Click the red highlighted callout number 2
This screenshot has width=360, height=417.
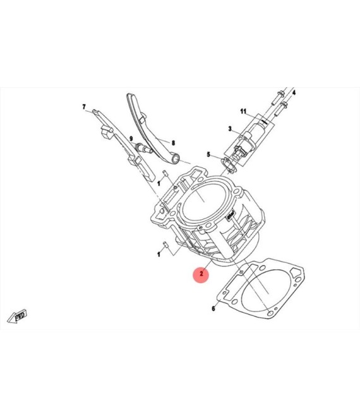point(201,274)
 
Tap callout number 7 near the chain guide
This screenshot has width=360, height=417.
point(84,107)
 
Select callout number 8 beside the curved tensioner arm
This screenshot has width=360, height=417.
point(173,143)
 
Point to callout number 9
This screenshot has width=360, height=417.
point(131,139)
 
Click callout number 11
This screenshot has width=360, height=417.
point(243,111)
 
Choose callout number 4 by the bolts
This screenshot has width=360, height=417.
point(294,92)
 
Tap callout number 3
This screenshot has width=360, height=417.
point(230,129)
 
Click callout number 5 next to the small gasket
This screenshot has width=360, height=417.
point(208,154)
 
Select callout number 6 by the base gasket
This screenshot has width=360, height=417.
point(213,308)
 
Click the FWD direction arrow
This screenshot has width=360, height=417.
point(17,317)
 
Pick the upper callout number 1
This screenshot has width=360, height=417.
point(159,183)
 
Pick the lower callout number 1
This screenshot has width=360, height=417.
point(159,254)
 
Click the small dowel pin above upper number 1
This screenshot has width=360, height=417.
point(165,173)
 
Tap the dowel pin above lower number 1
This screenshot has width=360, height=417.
point(165,244)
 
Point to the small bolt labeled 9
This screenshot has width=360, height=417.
point(144,148)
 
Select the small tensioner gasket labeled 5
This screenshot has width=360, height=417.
point(229,166)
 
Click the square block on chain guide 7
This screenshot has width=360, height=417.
point(107,133)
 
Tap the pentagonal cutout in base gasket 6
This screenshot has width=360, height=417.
point(295,272)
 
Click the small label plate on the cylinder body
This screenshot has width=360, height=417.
point(231,214)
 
